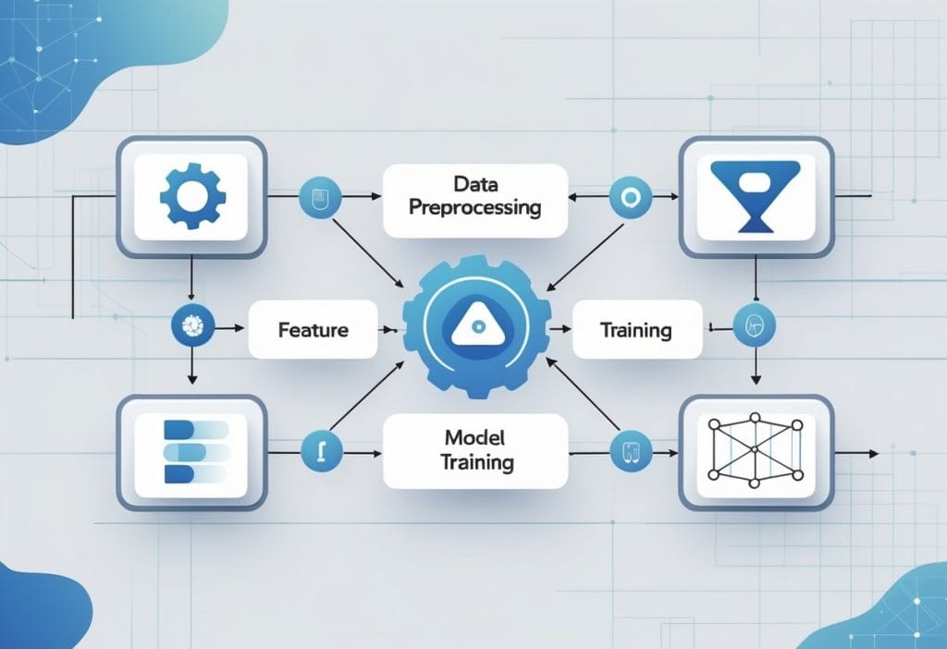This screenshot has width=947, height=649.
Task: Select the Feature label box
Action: pyautogui.click(x=312, y=329)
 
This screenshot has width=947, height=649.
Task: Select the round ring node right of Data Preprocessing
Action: pyautogui.click(x=632, y=196)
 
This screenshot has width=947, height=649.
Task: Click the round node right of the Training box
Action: pyautogui.click(x=754, y=325)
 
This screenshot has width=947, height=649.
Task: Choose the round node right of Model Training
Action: pyautogui.click(x=632, y=452)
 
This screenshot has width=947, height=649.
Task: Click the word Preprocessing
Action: pyautogui.click(x=474, y=208)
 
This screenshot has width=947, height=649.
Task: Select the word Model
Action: pyautogui.click(x=474, y=436)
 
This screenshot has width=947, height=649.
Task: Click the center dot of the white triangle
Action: pyautogui.click(x=474, y=327)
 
